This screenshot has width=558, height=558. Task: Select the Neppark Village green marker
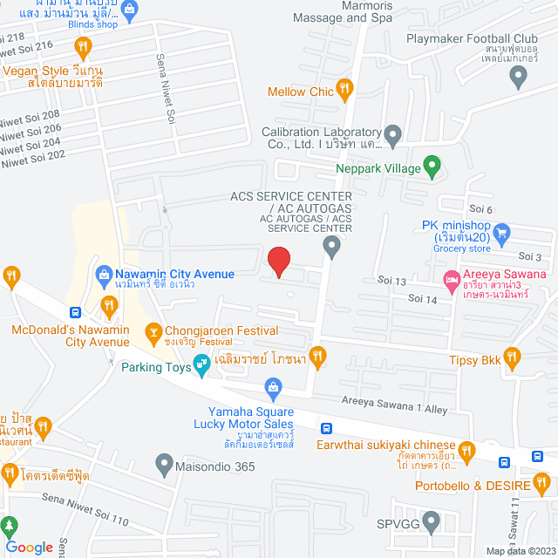(431, 166)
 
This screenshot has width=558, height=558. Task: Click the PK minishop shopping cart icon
(501, 233)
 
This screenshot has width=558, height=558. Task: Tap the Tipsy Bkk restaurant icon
(513, 357)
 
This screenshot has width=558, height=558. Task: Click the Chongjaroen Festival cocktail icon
(153, 331)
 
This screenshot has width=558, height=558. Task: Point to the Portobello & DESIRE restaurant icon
(542, 480)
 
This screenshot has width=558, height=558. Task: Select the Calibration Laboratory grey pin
(393, 136)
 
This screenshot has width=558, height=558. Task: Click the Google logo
(29, 547)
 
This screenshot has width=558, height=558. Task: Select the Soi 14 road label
(422, 299)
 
